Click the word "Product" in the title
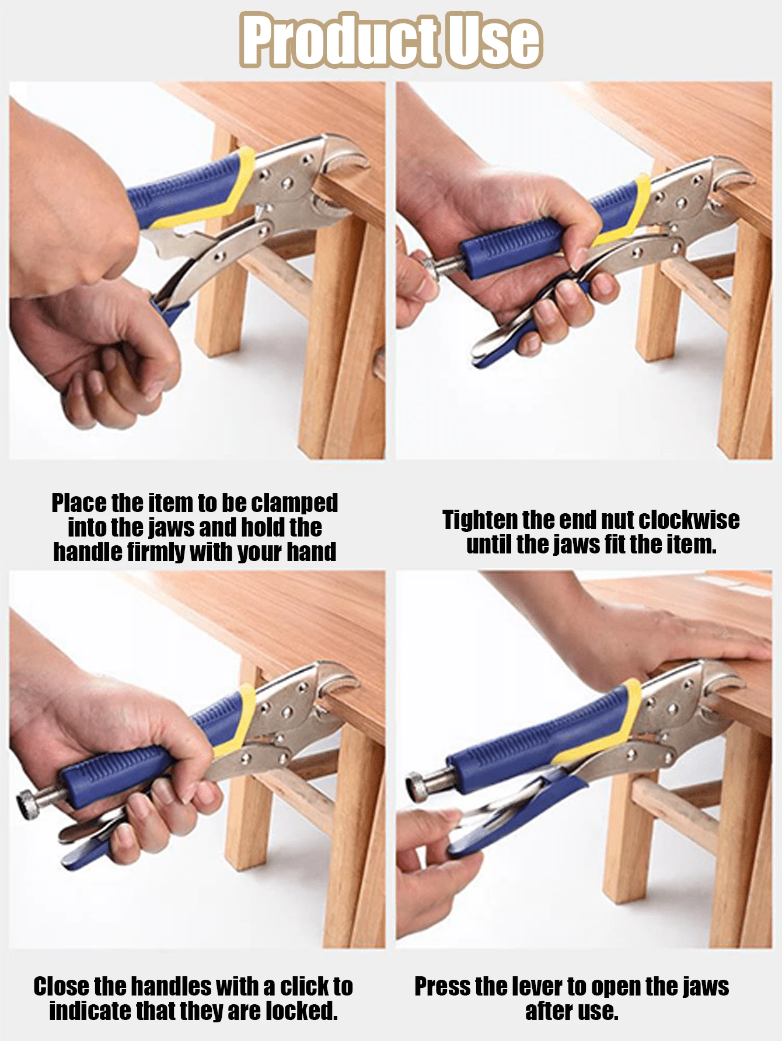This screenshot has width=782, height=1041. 340,41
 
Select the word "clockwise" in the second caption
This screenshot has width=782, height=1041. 689,520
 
